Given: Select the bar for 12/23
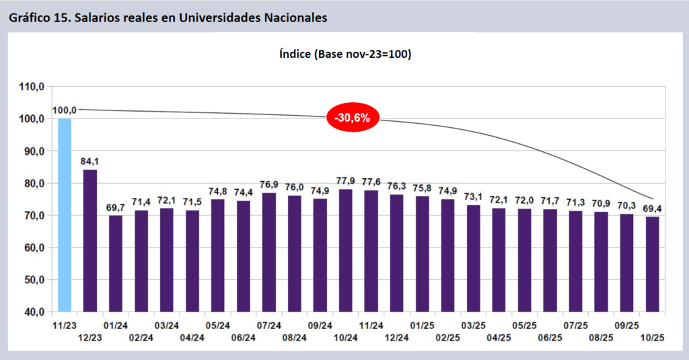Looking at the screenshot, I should (x=90, y=241).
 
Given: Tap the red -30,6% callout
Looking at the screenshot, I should (x=353, y=117).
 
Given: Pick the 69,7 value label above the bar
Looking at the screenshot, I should (x=116, y=208).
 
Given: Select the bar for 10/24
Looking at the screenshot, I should (x=346, y=251).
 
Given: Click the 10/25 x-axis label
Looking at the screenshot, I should (x=652, y=337).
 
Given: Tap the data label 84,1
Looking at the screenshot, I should (x=90, y=161).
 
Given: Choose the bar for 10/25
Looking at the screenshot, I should (x=652, y=264).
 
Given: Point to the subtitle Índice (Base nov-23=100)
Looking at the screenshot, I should (x=344, y=55).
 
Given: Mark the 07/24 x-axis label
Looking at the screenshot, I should (x=269, y=325).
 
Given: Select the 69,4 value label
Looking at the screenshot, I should (x=652, y=209).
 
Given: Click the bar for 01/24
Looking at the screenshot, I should (x=116, y=264).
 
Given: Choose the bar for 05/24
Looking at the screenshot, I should (x=218, y=256).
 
